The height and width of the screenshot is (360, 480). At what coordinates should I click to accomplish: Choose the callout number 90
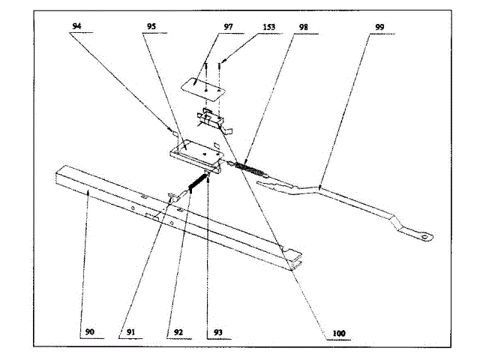(88, 329)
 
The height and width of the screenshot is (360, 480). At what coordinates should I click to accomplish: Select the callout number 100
(327, 331)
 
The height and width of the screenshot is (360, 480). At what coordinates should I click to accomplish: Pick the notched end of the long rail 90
(296, 259)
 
